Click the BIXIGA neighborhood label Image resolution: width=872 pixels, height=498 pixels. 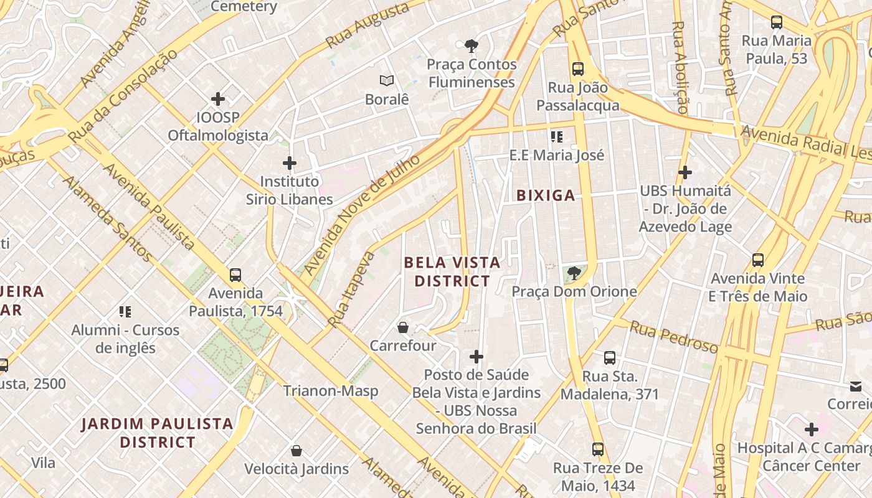coord(546,195)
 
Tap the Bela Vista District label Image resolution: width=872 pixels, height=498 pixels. coord(452,271)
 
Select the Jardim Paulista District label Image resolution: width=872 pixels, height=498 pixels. coord(158,433)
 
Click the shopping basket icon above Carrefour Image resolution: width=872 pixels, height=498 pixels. coord(403,327)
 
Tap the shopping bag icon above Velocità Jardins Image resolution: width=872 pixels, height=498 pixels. coord(296,450)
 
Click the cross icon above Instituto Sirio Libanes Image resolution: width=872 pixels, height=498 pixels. coord(289,163)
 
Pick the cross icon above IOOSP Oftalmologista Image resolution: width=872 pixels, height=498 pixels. coord(218,99)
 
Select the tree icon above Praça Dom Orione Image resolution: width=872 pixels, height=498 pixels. coord(574,273)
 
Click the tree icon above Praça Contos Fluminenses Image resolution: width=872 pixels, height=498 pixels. coord(472,45)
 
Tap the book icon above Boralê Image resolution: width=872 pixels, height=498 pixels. coord(387,80)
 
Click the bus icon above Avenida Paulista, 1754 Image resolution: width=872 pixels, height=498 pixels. coord(235,275)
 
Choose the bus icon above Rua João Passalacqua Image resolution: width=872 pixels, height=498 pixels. coord(578,68)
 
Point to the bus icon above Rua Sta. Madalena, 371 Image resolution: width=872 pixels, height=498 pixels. coord(610,358)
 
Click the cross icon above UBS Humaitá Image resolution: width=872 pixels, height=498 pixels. coord(685,172)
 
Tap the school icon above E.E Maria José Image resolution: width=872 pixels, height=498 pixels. coord(556,136)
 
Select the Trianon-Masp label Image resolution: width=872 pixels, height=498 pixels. coord(331,391)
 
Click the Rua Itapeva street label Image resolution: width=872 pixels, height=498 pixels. coord(352,289)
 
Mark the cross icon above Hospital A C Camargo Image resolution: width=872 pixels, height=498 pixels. coord(811,430)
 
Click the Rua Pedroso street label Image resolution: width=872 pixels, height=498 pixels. coord(673,337)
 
